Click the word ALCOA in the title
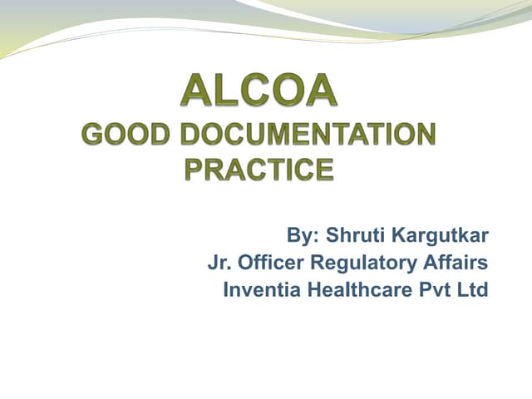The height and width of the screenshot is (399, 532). [259, 91]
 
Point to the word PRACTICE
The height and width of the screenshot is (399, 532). [259, 170]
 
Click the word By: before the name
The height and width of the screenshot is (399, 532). [303, 236]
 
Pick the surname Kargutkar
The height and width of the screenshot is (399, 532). [440, 236]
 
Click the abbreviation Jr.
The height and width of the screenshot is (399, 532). [219, 264]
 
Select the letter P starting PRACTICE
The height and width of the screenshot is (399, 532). [194, 170]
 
